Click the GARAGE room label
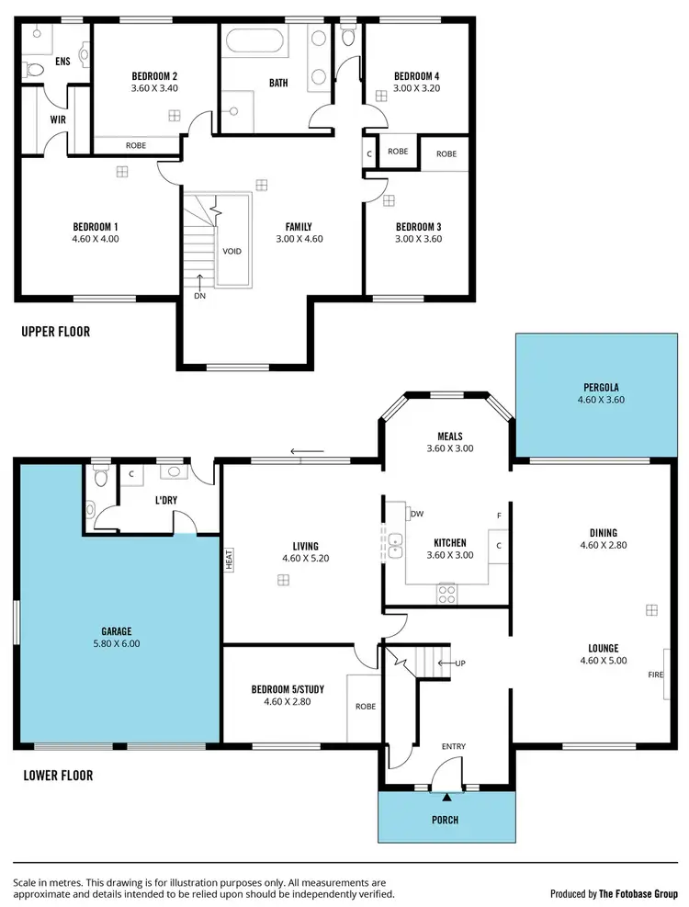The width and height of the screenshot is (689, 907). point(117,631)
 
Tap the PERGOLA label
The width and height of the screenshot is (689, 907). point(599,387)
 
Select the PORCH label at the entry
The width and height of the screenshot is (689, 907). point(445,820)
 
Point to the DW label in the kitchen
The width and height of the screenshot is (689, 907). point(417,514)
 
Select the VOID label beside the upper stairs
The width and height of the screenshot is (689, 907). point(232,251)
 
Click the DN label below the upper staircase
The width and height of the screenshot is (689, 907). point(199,296)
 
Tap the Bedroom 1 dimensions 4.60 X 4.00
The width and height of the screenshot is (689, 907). point(96,239)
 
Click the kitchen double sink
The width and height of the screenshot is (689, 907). point(395,545)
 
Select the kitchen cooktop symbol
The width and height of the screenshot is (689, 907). point(447,593)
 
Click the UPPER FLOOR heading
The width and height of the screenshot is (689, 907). point(55,332)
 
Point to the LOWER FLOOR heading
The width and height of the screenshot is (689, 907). point(58,776)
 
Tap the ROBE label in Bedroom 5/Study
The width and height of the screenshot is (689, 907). point(365,707)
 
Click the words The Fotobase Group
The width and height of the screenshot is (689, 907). point(638,893)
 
